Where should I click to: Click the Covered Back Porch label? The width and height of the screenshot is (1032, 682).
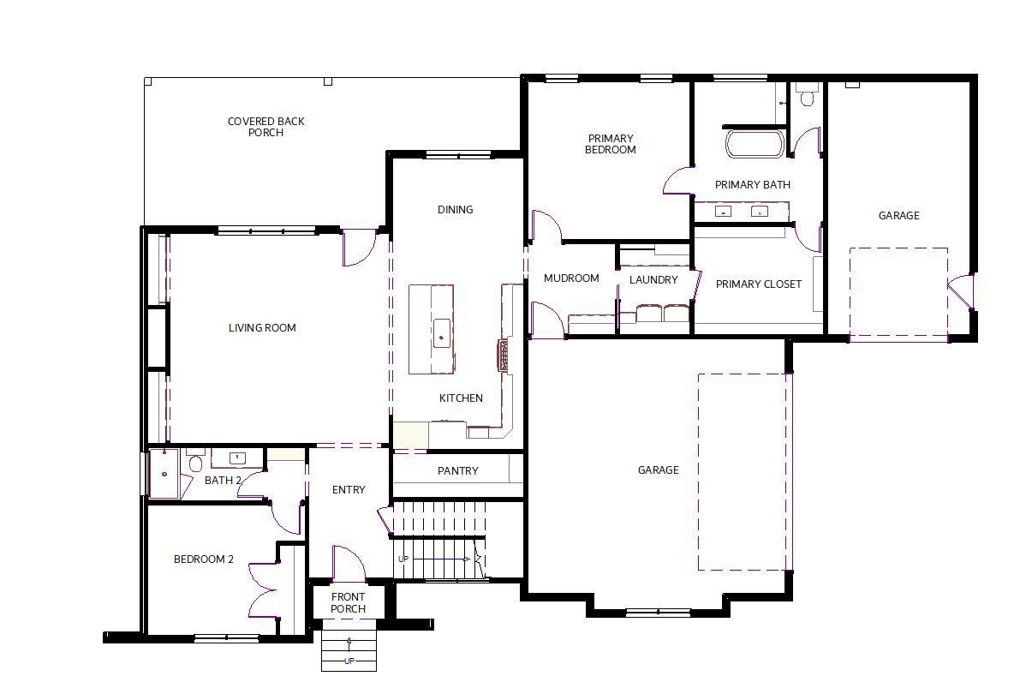(265, 127)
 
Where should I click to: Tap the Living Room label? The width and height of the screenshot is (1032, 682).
(262, 327)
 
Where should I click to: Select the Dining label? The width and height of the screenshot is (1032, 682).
(455, 210)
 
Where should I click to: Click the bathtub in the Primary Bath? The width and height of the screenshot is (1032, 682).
(755, 144)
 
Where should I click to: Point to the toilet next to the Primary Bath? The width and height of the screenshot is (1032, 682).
(807, 95)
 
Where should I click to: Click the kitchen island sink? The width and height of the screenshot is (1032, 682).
(441, 333)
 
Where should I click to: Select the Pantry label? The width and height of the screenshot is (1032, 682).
(458, 471)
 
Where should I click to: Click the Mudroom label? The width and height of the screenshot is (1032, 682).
(571, 278)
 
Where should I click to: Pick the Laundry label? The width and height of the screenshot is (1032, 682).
(653, 279)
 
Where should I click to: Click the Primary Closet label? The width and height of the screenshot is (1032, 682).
(759, 284)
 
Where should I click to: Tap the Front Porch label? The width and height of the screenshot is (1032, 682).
(348, 602)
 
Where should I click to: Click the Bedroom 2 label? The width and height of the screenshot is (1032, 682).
(204, 559)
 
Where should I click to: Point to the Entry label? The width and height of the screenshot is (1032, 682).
(349, 490)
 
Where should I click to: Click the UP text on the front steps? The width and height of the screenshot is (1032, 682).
(349, 661)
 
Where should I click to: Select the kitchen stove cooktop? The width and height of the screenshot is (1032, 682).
(502, 355)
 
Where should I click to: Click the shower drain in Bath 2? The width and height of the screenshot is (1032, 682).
(164, 474)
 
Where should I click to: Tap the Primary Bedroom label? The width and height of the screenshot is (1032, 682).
(611, 144)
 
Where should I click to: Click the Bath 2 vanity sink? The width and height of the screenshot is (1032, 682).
(237, 458)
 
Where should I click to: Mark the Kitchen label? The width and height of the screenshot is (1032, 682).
(461, 398)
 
